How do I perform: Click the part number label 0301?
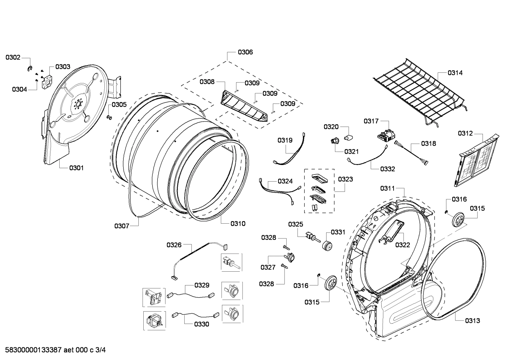[x=76, y=168]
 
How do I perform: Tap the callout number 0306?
[x=245, y=52]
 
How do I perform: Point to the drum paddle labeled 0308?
[x=244, y=106]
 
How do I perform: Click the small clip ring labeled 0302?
[x=30, y=68]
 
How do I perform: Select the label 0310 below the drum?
[x=238, y=223]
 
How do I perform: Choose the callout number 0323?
[x=345, y=179]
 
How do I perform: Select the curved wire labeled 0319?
[x=291, y=150]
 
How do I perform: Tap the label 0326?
[x=174, y=244]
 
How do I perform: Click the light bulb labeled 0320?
[x=349, y=137]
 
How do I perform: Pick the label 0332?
[x=388, y=169]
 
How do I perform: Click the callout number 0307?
[x=121, y=226]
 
